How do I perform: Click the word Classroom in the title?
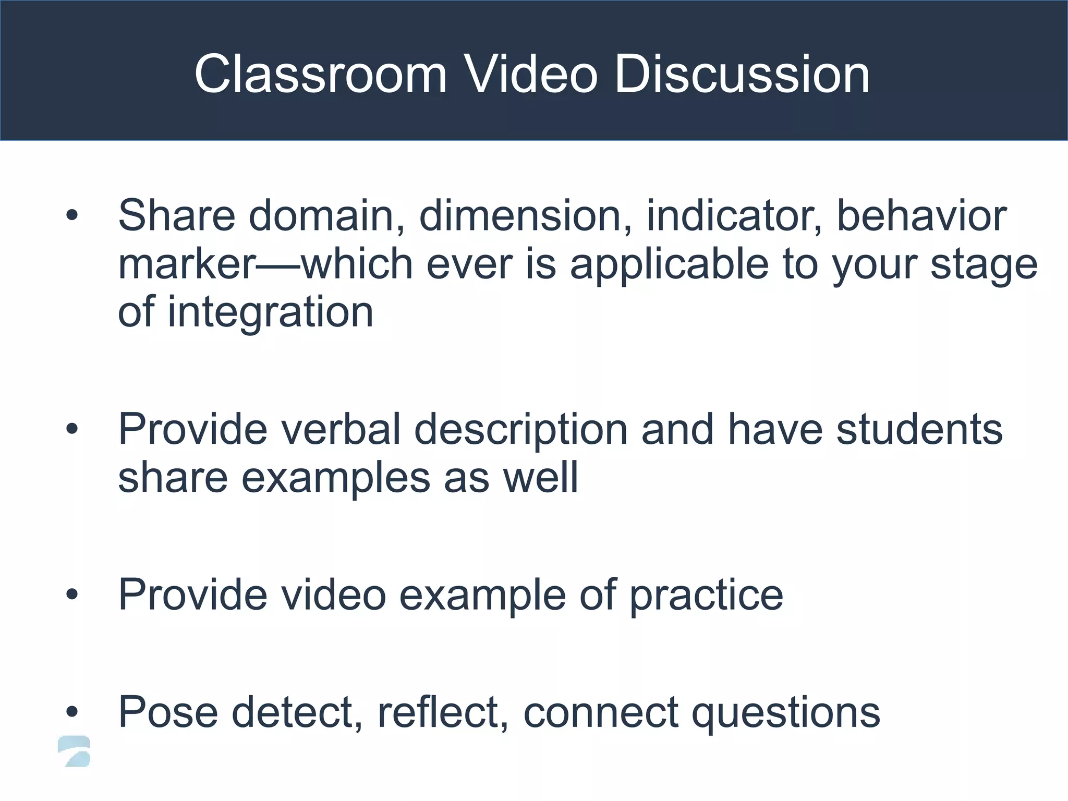(x=320, y=74)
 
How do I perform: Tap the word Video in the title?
(x=530, y=74)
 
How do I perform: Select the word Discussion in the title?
(x=742, y=74)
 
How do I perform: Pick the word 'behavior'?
(x=921, y=215)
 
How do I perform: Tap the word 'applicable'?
(x=670, y=265)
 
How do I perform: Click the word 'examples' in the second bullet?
(x=336, y=478)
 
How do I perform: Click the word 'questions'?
(x=785, y=712)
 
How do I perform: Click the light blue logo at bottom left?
(x=74, y=751)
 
